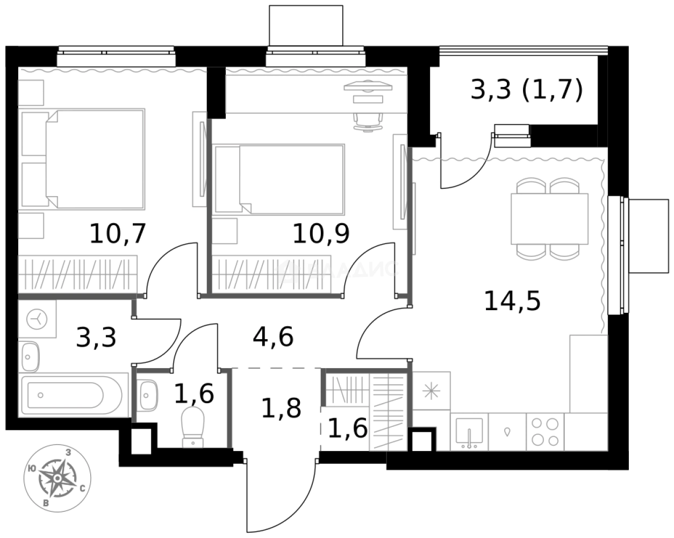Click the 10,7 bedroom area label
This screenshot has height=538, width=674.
tap(118, 234)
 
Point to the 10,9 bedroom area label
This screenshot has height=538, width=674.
tap(321, 233)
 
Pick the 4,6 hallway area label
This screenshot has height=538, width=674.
tap(273, 338)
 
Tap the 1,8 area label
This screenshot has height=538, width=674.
tap(281, 408)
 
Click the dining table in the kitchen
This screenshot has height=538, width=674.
tap(549, 219)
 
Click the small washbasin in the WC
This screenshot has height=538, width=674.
tap(148, 394)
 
